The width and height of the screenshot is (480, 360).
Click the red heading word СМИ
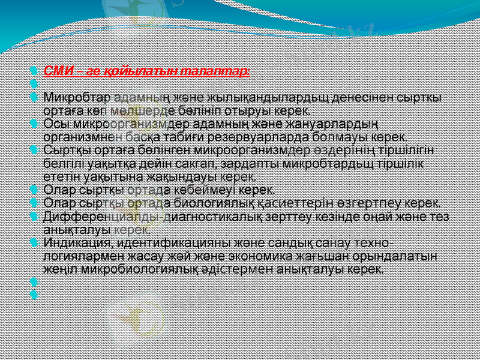[58, 71]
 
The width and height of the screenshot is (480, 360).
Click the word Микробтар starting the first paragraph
[77, 97]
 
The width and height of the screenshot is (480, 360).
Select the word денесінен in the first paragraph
[352, 97]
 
